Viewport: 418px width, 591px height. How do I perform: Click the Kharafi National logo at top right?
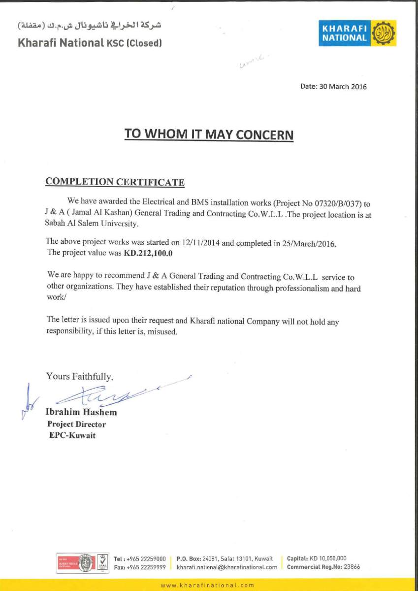pos(350,34)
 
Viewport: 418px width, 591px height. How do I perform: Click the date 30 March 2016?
pos(344,87)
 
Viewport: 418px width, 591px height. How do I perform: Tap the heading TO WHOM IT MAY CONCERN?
pos(209,134)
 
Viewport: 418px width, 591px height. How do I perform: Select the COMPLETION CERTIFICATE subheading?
pos(115,181)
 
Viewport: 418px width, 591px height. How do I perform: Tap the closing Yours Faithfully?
pos(80,377)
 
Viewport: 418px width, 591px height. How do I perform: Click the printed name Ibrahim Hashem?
pos(81,412)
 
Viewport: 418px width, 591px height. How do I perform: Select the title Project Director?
pos(76,424)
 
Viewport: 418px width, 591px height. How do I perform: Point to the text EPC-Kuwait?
pos(72,435)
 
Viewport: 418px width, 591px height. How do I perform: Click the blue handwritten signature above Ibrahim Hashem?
pos(113,394)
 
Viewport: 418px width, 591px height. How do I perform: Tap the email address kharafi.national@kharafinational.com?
pos(227,567)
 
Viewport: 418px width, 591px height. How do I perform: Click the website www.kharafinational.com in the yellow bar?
pos(207,585)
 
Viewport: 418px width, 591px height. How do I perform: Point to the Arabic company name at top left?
pos(90,25)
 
